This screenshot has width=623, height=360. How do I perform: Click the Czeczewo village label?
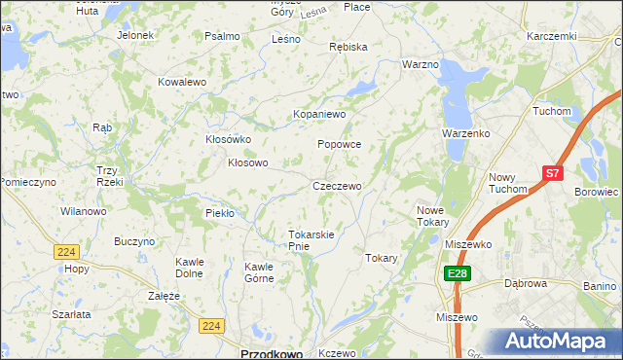[x=337, y=186]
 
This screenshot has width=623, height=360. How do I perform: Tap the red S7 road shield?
[x=552, y=173]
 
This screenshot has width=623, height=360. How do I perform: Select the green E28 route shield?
[x=458, y=274]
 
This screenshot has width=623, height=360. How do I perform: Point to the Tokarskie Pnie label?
[x=311, y=240]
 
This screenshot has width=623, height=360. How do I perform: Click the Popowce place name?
[x=339, y=144]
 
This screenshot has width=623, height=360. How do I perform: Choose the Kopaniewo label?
[x=320, y=114]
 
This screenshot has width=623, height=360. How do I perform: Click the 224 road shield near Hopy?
[x=66, y=251]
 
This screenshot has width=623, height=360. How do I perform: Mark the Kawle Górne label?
[x=259, y=272]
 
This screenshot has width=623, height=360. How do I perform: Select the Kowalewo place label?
[x=182, y=83]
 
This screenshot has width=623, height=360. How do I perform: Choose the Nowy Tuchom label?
[x=507, y=183]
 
